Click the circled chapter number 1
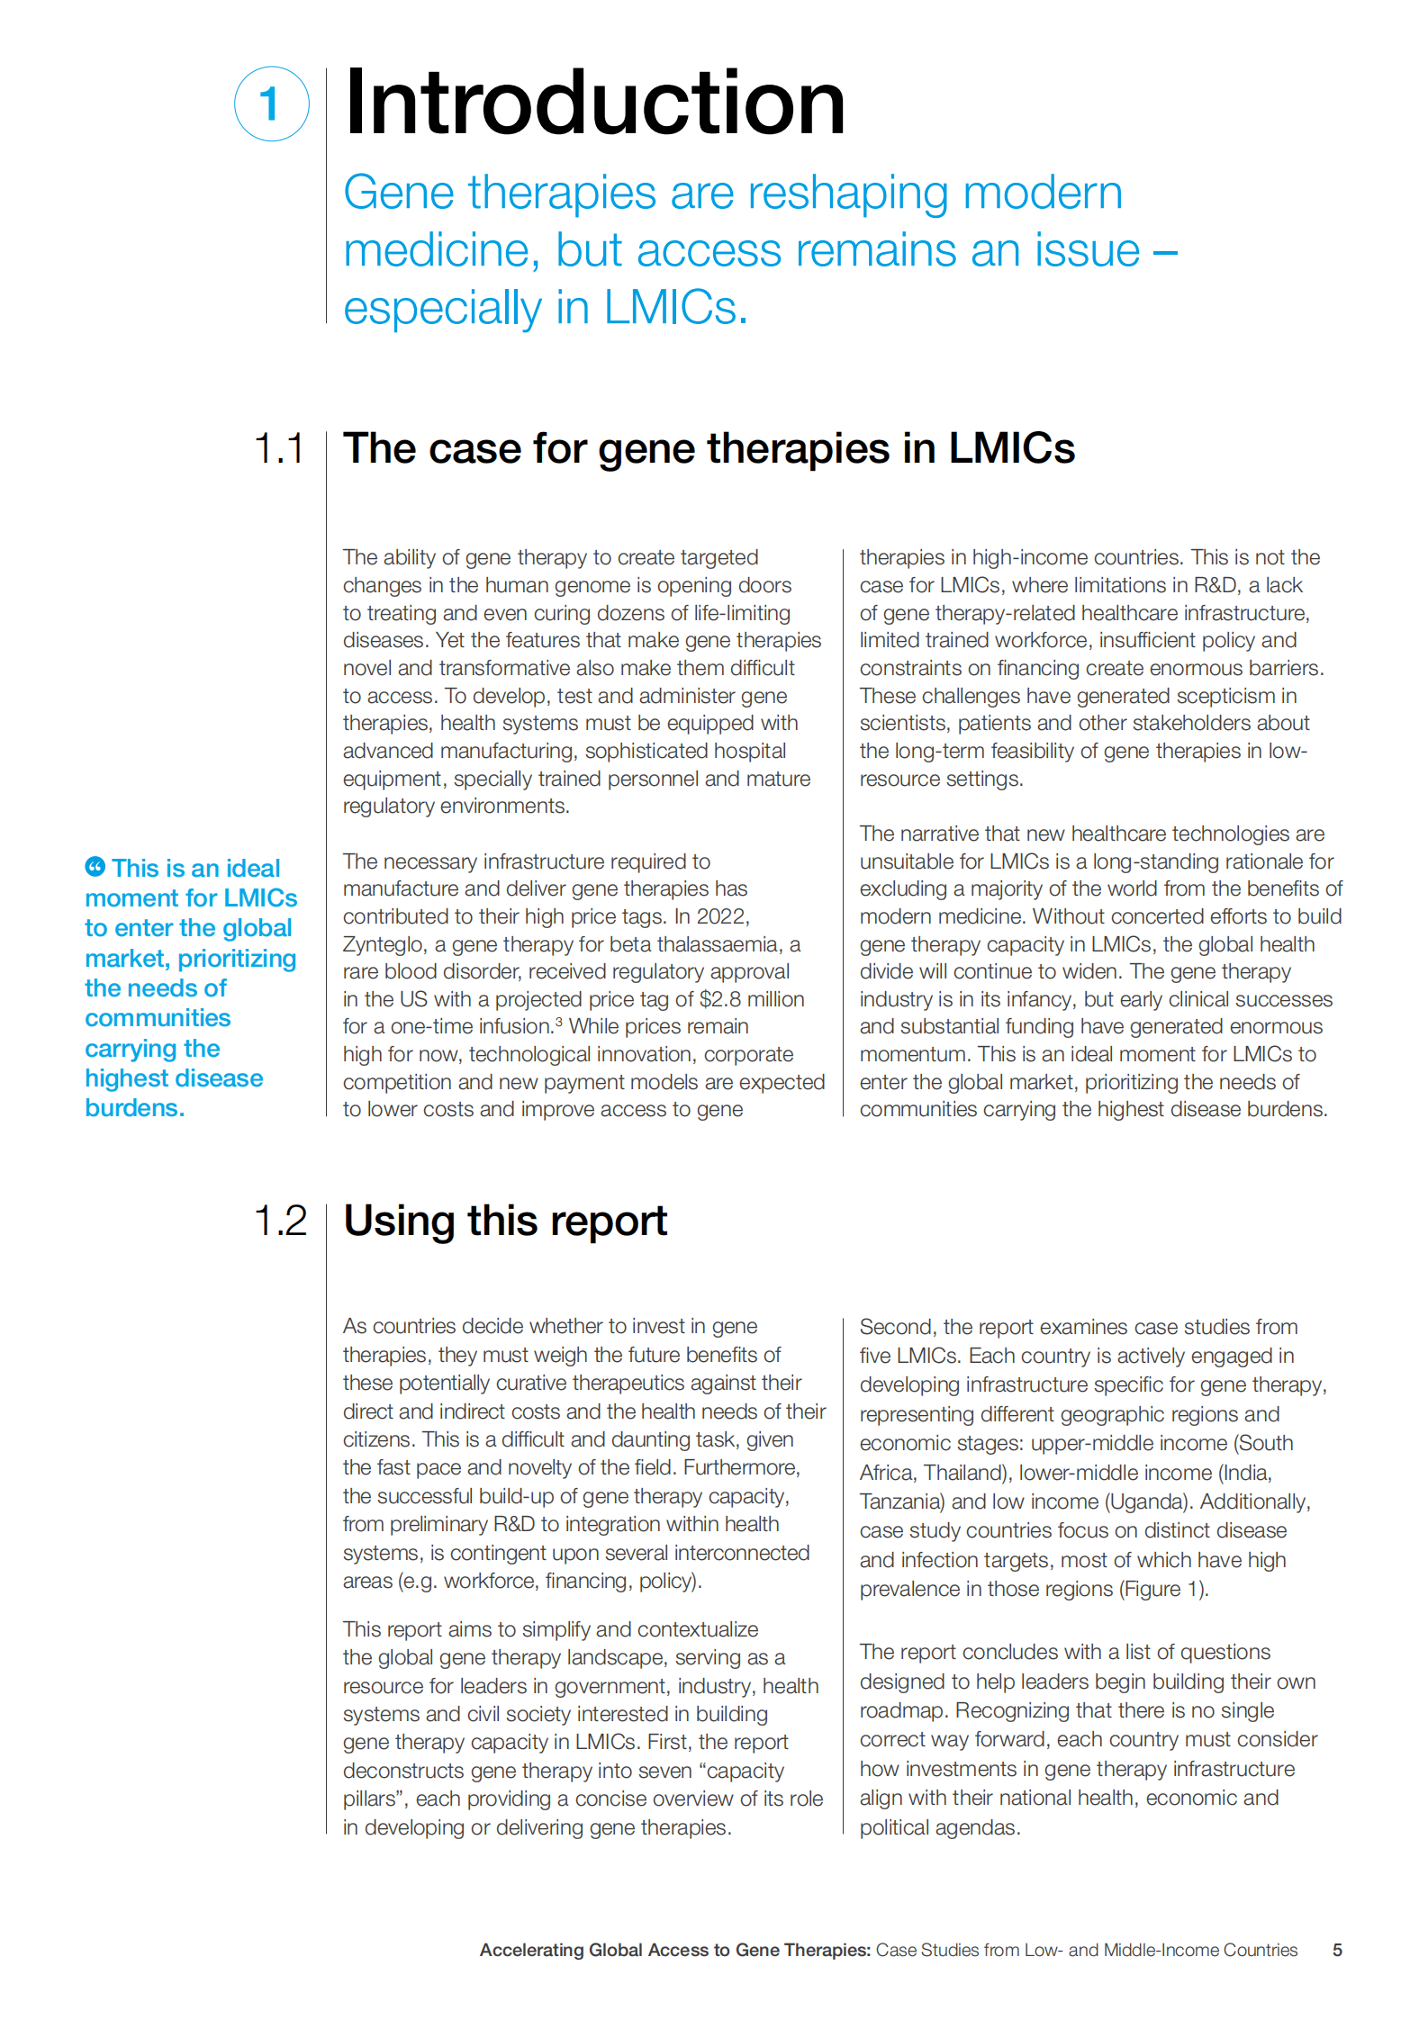[271, 104]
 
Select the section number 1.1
[279, 448]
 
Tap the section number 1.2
[280, 1222]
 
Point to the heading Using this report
[505, 1222]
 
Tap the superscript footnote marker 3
[558, 1022]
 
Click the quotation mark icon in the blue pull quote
[95, 867]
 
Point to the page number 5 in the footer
[1337, 1950]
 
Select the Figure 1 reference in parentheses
[1163, 1589]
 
